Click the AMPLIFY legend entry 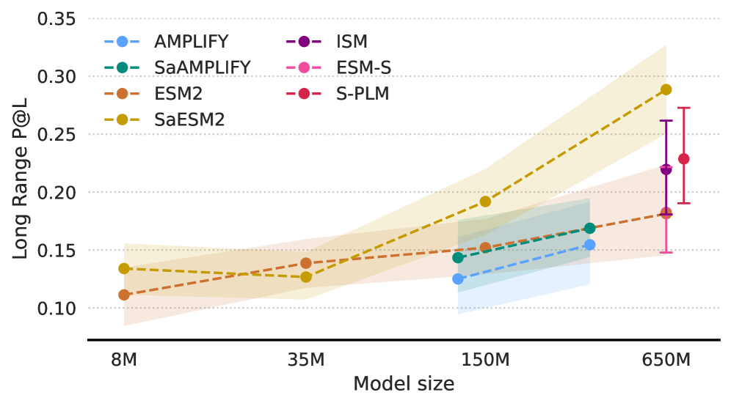coord(191,42)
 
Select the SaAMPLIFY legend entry coord(202,67)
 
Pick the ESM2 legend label coord(178,94)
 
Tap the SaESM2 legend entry coord(189,119)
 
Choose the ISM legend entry coord(352,42)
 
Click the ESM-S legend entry coord(363,67)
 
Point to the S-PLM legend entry coord(363,94)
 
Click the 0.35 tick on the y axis coord(57,18)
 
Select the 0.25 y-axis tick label coord(57,134)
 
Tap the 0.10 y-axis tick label coord(57,309)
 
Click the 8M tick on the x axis coord(124,360)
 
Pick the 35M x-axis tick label coord(306,360)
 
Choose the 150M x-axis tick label coord(484,360)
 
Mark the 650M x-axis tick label coord(666,360)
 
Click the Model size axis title coord(404,384)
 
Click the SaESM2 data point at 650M coord(666,89)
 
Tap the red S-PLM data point coord(683,159)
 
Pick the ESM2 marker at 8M coord(124,295)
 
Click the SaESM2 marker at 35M coord(306,277)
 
